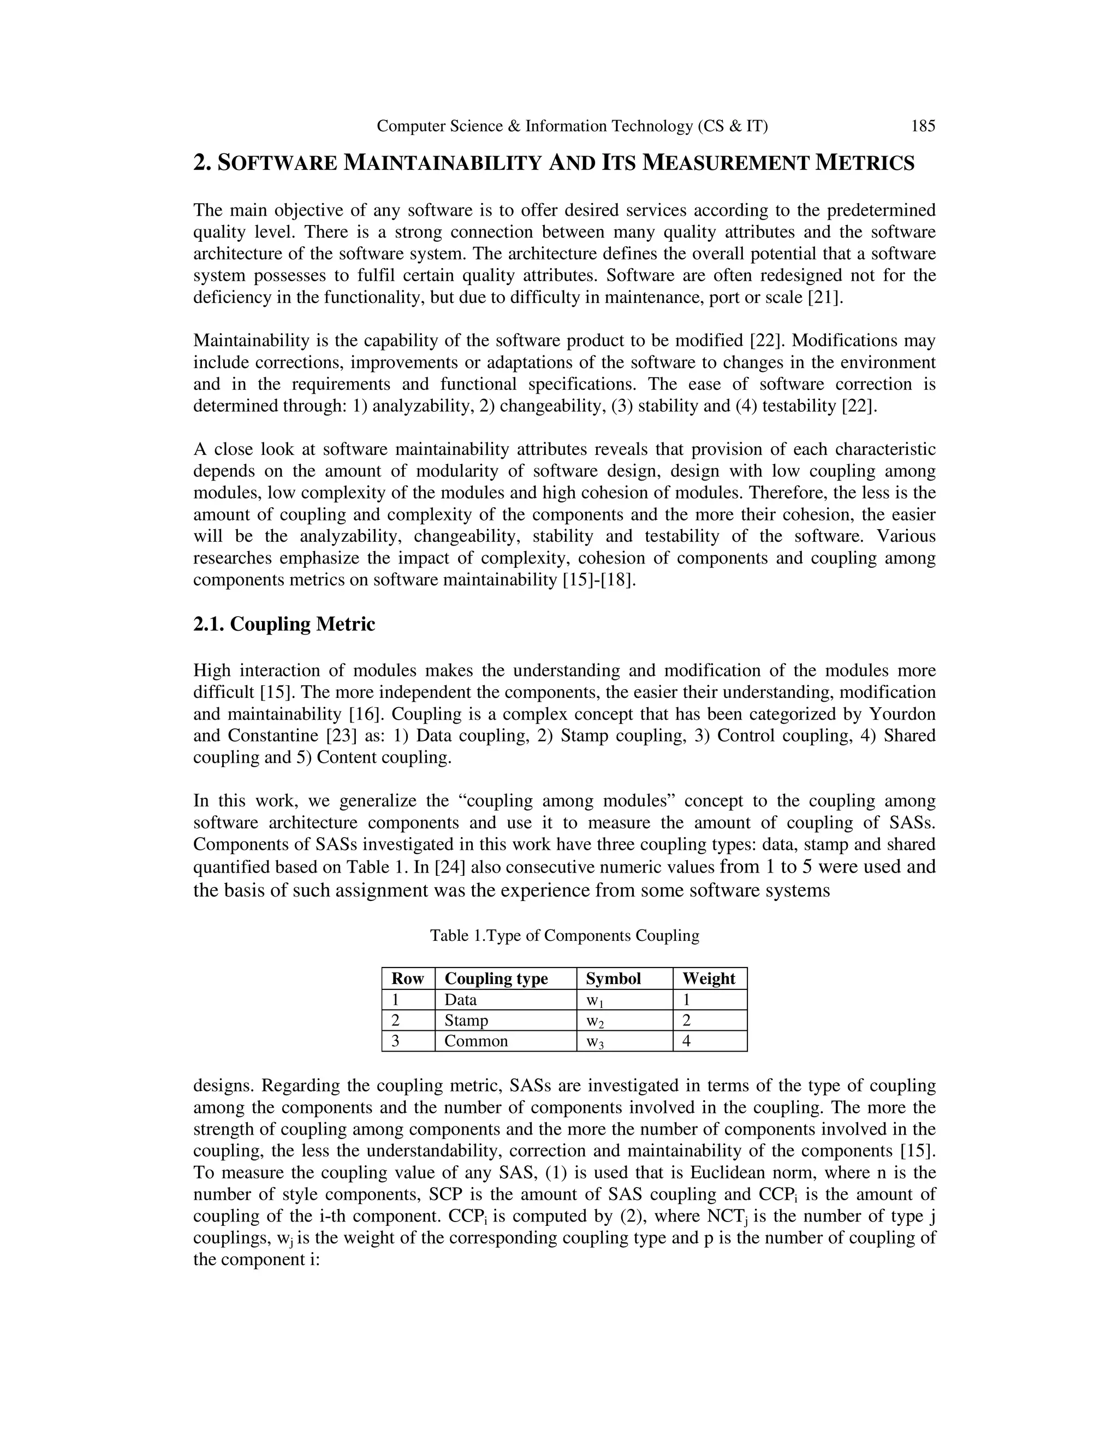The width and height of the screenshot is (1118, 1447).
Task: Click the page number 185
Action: [x=923, y=126]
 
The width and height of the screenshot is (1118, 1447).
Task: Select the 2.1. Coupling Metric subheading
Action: [x=283, y=624]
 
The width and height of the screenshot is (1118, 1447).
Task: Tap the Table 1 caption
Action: [x=564, y=935]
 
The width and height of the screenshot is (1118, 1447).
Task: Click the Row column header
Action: [x=407, y=978]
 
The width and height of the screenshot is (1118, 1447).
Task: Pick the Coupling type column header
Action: [x=496, y=978]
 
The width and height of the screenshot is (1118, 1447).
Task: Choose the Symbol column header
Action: [x=612, y=978]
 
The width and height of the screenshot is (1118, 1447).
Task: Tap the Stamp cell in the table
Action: [x=466, y=1021]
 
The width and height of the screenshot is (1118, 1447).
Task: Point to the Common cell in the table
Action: [x=475, y=1041]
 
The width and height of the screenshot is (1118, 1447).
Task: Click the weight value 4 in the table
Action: [x=686, y=1041]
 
